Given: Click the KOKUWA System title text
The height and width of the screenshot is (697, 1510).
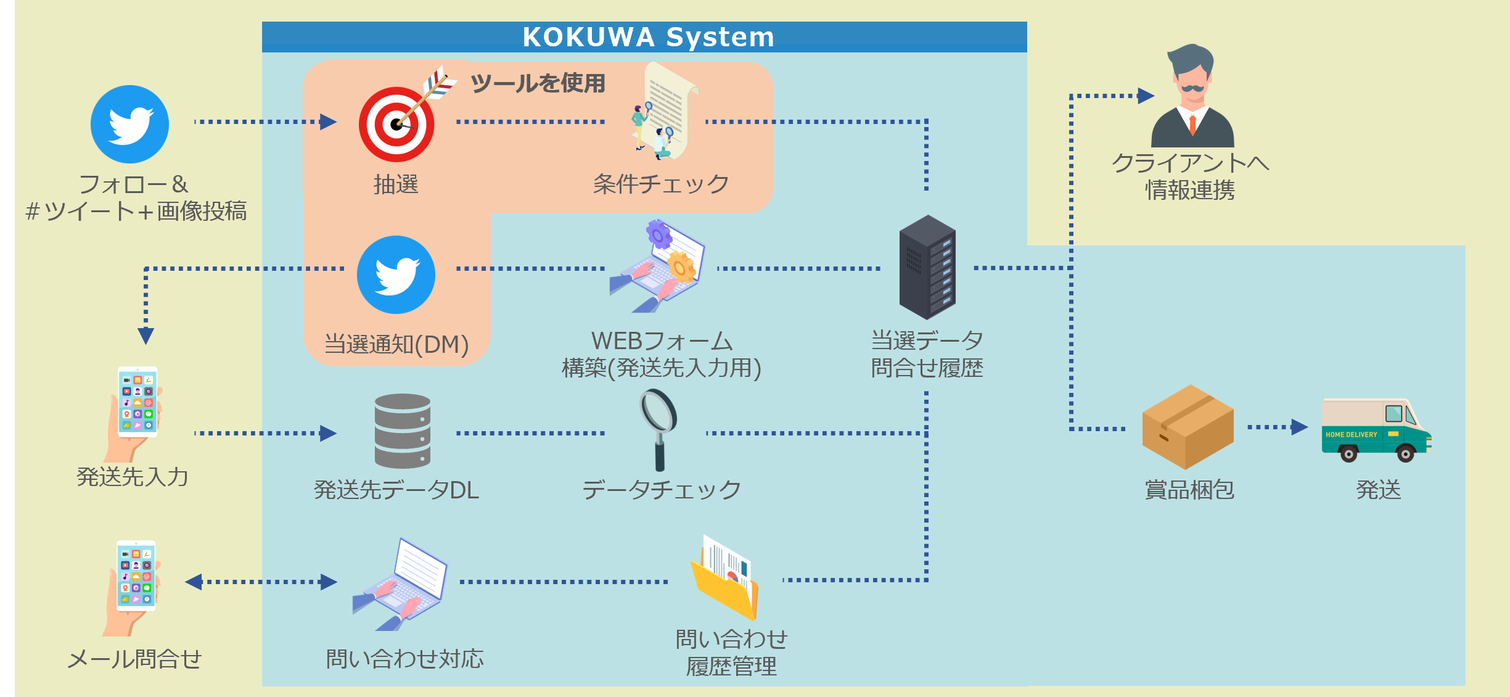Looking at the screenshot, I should point(648,37).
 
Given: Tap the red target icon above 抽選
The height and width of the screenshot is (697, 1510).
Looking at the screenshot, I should point(396,124).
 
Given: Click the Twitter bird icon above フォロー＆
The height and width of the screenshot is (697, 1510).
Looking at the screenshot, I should point(129,124).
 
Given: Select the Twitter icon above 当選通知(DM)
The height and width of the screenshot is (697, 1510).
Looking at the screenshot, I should point(396,274).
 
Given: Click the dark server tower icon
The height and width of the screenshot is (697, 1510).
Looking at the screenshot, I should point(927,266).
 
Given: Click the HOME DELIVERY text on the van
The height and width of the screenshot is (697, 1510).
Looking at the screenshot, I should point(1351,435).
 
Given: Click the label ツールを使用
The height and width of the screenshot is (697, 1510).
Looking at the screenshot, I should point(538,83).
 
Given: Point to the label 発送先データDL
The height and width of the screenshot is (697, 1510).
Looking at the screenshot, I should point(396,490).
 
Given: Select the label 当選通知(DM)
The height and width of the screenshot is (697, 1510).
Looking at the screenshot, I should point(396,344).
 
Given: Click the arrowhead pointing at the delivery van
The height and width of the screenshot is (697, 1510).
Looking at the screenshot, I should point(1299,427).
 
